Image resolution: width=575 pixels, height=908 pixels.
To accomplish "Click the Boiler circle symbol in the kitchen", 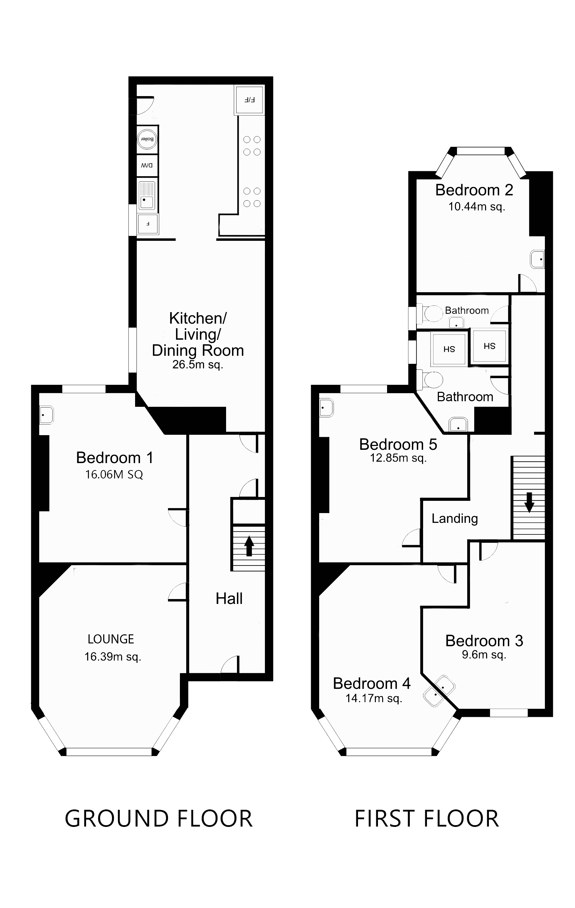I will [x=147, y=139].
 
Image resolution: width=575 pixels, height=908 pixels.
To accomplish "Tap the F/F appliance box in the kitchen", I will [x=249, y=100].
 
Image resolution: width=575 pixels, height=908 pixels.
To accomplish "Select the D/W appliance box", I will [x=147, y=166].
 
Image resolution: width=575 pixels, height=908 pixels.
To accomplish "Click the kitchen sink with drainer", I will [x=147, y=195].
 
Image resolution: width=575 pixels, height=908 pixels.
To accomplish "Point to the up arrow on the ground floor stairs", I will [x=248, y=546].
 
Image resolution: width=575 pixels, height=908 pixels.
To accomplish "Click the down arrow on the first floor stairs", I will [x=529, y=502].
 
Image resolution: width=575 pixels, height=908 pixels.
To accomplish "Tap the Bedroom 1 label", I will [x=114, y=458].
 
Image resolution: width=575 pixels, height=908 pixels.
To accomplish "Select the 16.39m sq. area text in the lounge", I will [x=112, y=656].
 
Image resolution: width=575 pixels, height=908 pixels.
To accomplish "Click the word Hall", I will [x=229, y=598].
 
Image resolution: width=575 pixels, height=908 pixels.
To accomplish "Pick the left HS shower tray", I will [x=449, y=349].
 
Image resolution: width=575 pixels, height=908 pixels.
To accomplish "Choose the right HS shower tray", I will [x=489, y=346].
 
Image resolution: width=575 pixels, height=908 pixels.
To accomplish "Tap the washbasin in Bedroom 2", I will [x=538, y=259].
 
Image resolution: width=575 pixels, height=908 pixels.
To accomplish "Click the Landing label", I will [x=455, y=518].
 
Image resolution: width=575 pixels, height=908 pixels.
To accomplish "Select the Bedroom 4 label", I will [x=372, y=683].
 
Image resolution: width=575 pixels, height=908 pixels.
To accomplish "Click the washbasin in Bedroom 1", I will [x=47, y=415].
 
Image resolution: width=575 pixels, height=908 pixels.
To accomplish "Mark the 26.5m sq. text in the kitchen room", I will [x=197, y=365].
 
